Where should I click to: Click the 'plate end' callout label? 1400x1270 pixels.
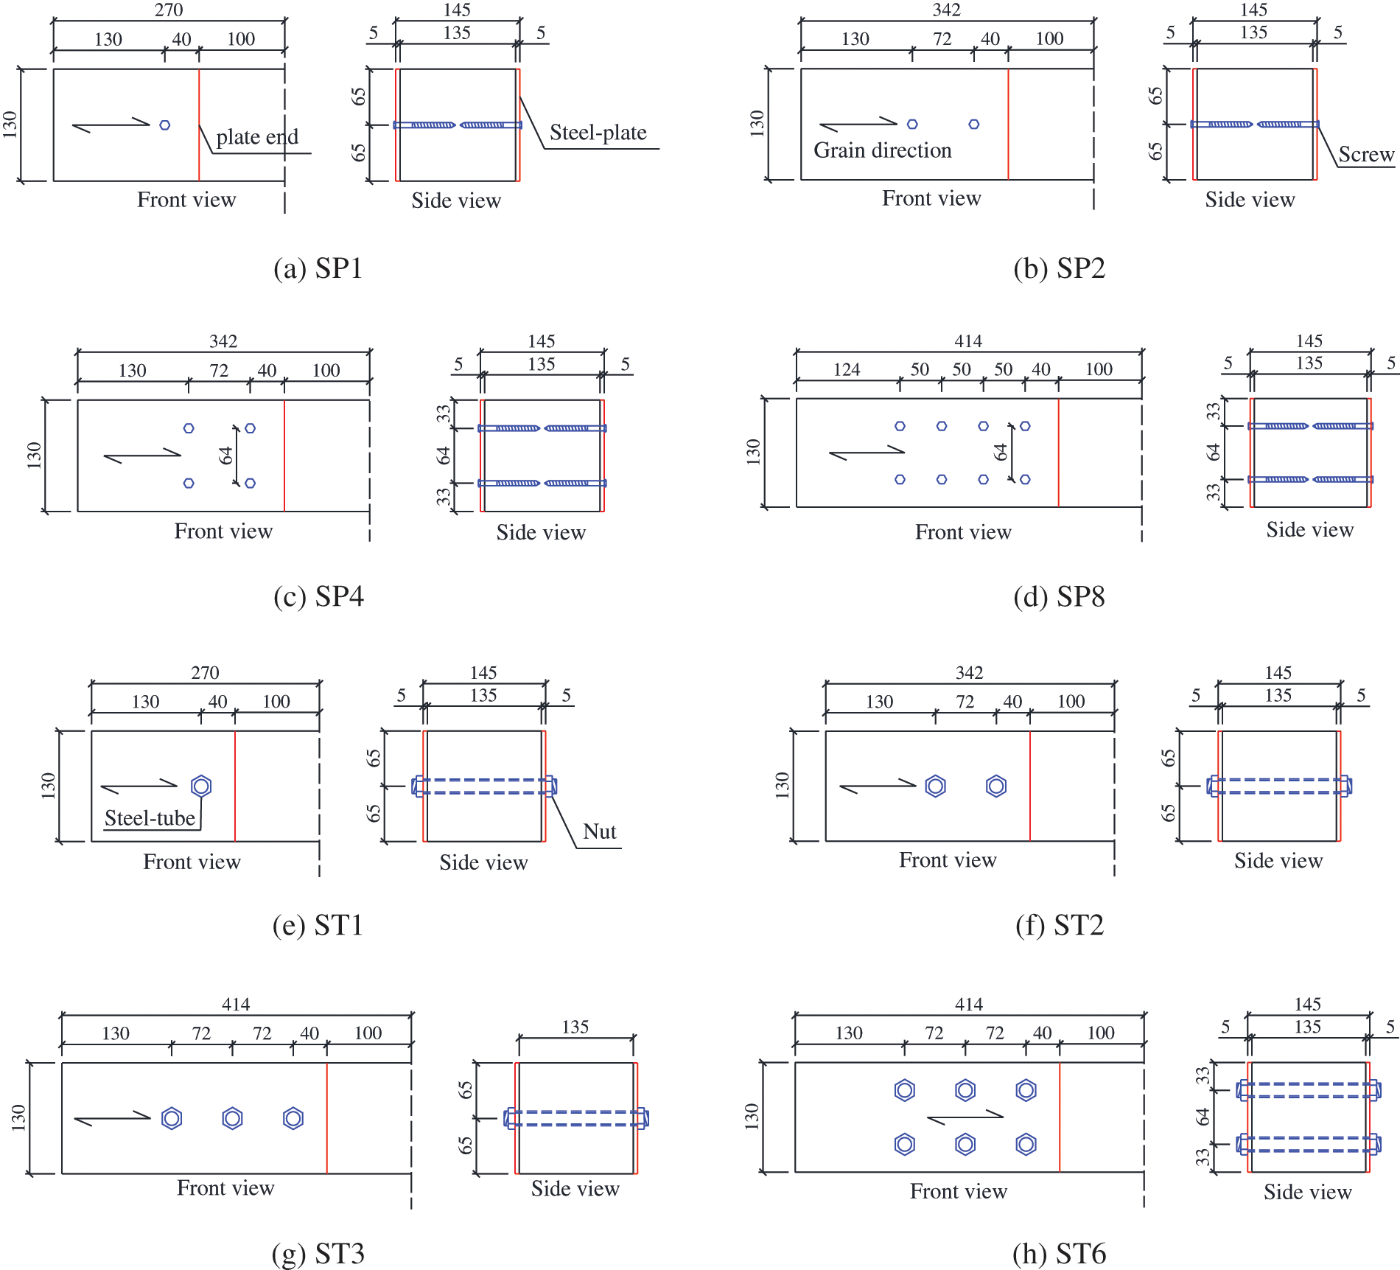(257, 137)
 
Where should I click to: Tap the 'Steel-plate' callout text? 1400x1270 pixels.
(598, 133)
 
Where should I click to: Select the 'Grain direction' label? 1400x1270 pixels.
(883, 150)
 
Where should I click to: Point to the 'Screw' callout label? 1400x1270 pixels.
(1366, 155)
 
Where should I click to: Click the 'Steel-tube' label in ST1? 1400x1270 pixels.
(150, 818)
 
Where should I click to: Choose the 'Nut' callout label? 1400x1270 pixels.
(600, 832)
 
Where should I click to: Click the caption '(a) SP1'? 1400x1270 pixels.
(318, 268)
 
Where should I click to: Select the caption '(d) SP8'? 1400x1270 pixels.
(1059, 596)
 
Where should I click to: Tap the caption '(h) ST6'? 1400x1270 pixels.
(1059, 1254)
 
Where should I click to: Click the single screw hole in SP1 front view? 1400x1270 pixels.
(165, 125)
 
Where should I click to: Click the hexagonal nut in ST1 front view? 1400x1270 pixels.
(201, 786)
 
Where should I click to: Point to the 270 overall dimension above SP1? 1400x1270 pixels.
(169, 10)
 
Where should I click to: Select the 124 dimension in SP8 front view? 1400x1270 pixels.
(847, 369)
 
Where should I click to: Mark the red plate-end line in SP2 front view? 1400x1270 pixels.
(1008, 124)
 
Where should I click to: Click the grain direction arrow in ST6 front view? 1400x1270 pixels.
(965, 1117)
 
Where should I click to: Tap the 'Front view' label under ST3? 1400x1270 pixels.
(225, 1188)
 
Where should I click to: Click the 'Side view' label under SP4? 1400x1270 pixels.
(541, 532)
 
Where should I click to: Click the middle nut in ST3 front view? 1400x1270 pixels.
(232, 1118)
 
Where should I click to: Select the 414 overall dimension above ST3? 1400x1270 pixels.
(236, 1004)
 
